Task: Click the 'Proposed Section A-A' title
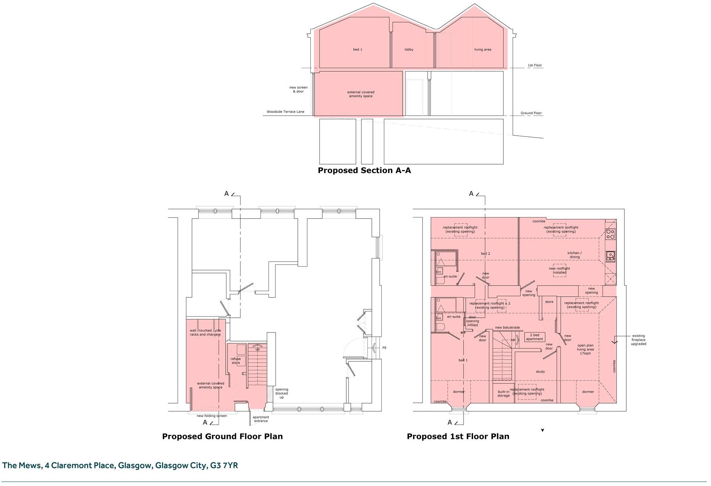click(x=364, y=171)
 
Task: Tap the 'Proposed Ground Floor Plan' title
click(x=222, y=436)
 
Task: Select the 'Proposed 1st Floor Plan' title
click(x=458, y=436)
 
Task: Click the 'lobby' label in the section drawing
click(x=409, y=50)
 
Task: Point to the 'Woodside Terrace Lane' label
click(x=285, y=112)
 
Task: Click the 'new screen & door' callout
click(x=298, y=90)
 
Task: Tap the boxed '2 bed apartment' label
click(x=534, y=337)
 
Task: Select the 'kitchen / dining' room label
click(x=574, y=255)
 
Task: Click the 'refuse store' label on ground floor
click(x=236, y=361)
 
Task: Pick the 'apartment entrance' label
click(x=261, y=419)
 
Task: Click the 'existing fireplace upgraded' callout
click(x=638, y=340)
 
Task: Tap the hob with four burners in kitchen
click(x=610, y=234)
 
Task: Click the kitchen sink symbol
click(x=610, y=256)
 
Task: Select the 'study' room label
click(x=540, y=372)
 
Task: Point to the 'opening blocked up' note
click(x=282, y=393)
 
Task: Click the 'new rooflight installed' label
click(x=559, y=270)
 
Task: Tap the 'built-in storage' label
click(x=503, y=394)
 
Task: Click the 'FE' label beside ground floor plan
click(x=384, y=348)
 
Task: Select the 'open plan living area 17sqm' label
click(x=585, y=349)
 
